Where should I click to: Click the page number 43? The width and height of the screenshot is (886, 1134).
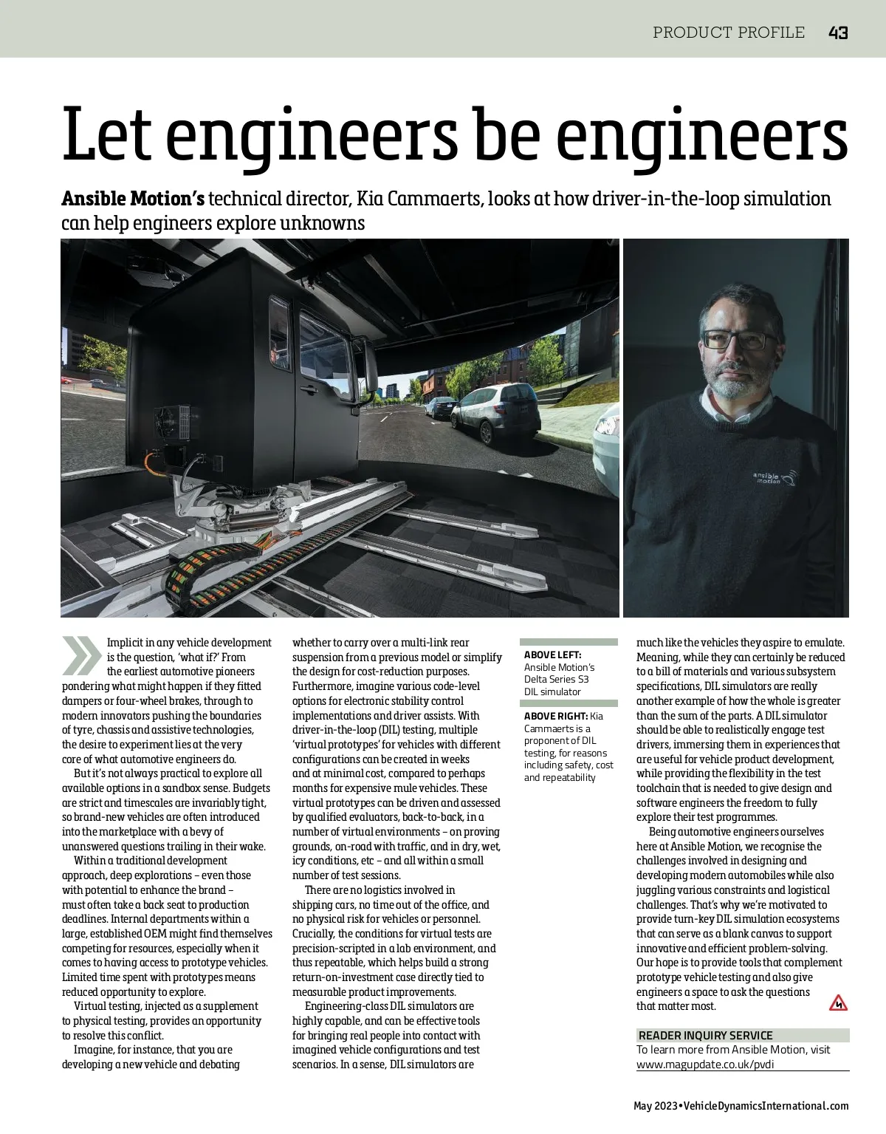(837, 33)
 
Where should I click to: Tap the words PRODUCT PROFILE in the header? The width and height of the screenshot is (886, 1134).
(729, 33)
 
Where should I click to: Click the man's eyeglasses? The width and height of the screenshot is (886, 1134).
(741, 340)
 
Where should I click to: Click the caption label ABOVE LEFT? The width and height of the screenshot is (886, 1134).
(552, 655)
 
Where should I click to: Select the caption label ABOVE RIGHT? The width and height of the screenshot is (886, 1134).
(555, 716)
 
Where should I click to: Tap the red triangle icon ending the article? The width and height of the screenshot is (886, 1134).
(838, 1003)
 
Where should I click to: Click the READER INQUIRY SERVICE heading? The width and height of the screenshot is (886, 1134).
(705, 1035)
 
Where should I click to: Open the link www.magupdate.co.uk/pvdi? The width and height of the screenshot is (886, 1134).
(705, 1064)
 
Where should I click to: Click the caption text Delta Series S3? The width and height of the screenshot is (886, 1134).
(557, 679)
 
